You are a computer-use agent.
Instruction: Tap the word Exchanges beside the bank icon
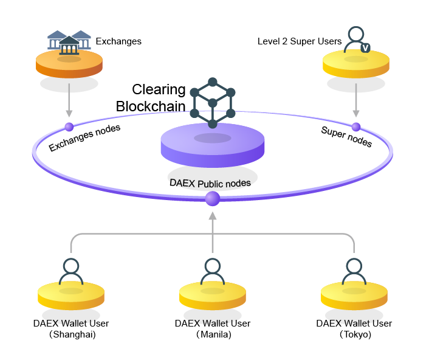coord(118,41)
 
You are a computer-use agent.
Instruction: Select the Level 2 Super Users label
coord(300,41)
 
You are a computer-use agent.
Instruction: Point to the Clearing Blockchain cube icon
coord(212,103)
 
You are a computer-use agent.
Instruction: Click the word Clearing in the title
coord(159,90)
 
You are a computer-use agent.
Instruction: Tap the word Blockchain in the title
coord(151,106)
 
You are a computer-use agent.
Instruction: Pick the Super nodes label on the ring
coord(346,137)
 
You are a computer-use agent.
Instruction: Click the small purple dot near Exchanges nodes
coord(69,127)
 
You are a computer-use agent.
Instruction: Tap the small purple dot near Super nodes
coord(356,126)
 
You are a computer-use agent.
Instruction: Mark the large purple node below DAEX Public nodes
coord(212,198)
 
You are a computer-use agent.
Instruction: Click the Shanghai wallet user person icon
coord(71,272)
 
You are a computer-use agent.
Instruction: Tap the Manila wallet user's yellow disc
coord(212,297)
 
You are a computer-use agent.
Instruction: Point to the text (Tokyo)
coord(354,334)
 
